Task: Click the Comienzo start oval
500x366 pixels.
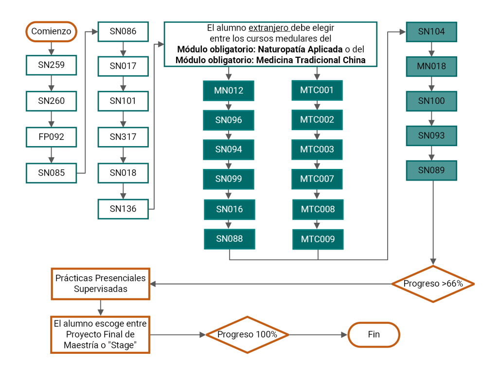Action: click(52, 32)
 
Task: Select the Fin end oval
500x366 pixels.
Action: click(374, 334)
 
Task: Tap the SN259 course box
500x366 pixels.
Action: click(52, 65)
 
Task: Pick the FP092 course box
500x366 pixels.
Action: click(52, 137)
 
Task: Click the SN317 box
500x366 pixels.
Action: click(123, 137)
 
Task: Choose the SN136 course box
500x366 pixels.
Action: click(123, 209)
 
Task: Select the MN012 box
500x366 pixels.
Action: click(229, 91)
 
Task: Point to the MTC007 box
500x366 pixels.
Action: click(317, 179)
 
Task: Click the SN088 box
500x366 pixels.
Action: click(230, 239)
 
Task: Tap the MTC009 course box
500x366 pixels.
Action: click(318, 239)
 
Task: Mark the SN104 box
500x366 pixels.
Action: click(431, 32)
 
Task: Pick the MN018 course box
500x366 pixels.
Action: click(431, 67)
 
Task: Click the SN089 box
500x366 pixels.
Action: click(431, 170)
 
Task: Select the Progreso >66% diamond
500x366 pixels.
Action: click(433, 283)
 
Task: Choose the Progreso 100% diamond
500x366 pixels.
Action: click(248, 334)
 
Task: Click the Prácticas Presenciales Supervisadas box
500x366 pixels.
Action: click(101, 283)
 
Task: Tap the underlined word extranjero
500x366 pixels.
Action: click(268, 28)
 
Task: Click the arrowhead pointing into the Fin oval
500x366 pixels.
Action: click(344, 335)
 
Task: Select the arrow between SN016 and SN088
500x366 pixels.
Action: click(229, 224)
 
